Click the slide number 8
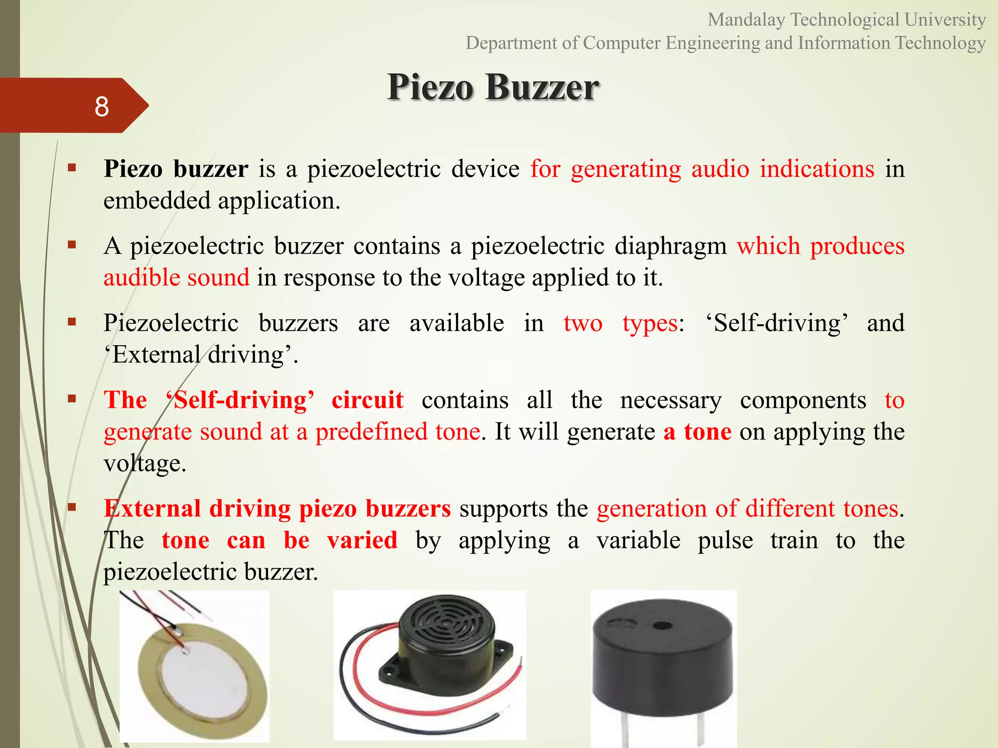coord(101,106)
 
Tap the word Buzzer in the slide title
coord(542,88)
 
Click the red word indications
coord(817,169)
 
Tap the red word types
coord(650,323)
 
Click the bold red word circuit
coord(367,400)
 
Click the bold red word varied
coord(362,541)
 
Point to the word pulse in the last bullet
coord(725,541)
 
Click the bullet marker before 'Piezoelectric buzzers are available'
coord(72,321)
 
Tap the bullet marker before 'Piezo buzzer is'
coord(72,168)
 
